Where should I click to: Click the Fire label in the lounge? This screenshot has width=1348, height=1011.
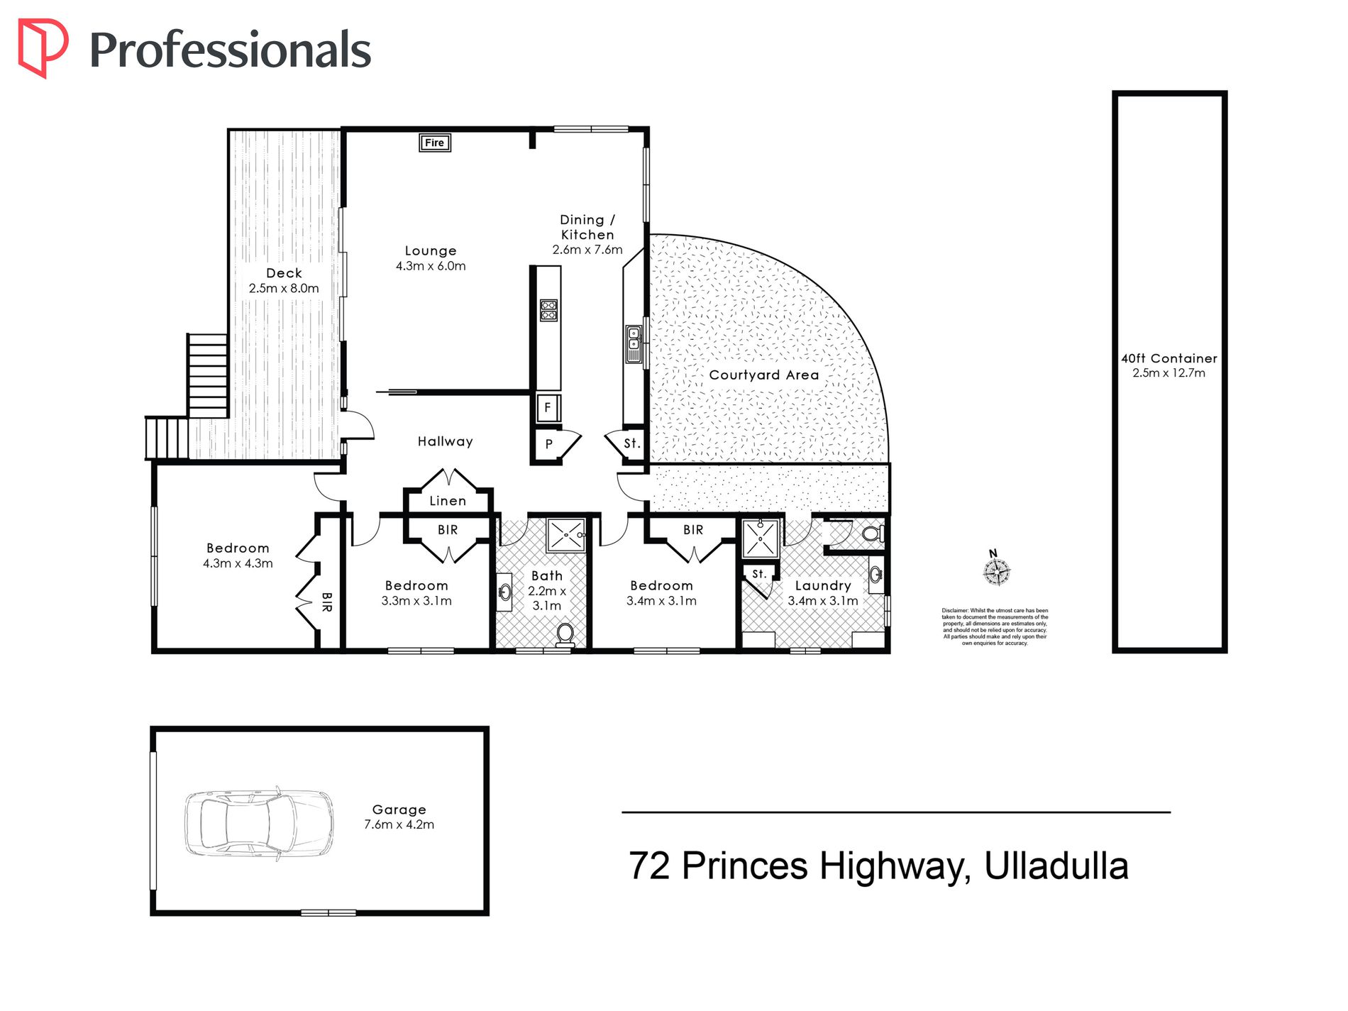pos(434,143)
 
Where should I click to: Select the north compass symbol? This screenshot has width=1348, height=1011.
pos(997,568)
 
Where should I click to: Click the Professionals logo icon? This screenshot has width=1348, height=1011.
pos(43,48)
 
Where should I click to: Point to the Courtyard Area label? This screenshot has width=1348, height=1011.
pos(764,375)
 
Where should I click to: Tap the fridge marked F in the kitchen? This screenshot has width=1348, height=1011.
pos(548,408)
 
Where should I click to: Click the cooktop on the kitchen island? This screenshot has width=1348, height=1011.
pos(548,310)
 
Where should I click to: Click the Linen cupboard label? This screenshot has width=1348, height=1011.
pos(448,501)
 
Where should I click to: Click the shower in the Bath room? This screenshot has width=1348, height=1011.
pos(566,535)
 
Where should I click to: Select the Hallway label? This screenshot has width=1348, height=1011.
pos(445,441)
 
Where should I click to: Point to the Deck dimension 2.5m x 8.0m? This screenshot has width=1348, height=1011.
pos(284,288)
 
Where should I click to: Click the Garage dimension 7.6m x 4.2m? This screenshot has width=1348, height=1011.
pos(399,824)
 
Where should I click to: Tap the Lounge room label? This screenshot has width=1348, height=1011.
pos(431,250)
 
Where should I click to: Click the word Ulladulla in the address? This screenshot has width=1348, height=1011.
pos(1056,866)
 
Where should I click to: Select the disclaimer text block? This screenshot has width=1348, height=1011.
pos(995,626)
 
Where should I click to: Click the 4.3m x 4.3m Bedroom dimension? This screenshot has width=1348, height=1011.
pos(238,563)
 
